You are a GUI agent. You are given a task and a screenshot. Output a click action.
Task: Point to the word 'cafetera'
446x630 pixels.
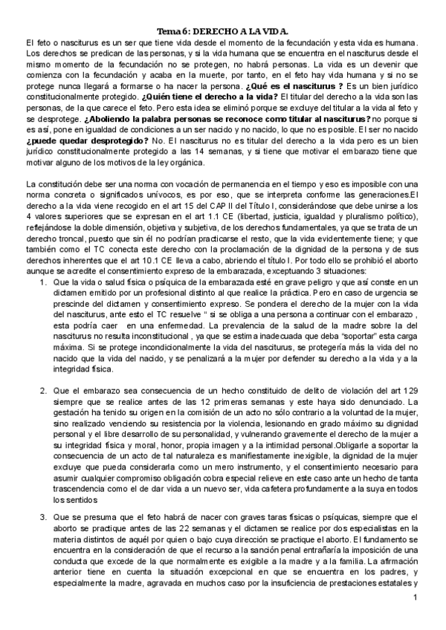(x=268, y=485)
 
